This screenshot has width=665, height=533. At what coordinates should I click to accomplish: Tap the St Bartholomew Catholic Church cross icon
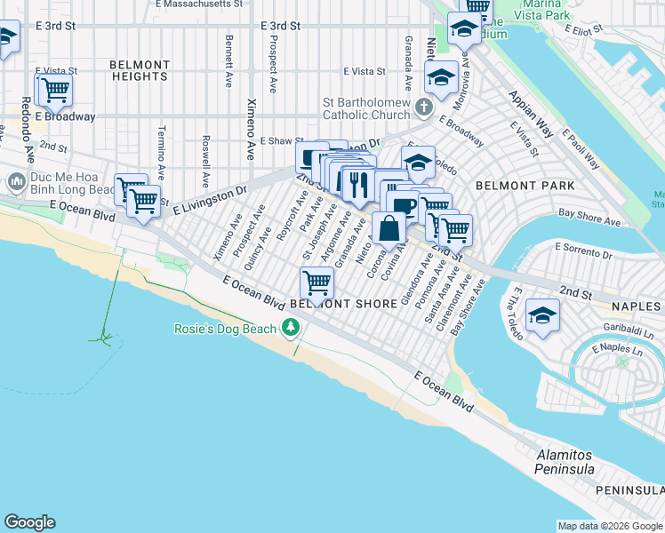425,107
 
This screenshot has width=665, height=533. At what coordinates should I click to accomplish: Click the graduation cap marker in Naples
542,316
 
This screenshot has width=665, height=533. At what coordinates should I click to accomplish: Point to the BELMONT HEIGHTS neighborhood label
140,70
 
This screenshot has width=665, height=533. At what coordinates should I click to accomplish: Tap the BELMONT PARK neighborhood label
525,186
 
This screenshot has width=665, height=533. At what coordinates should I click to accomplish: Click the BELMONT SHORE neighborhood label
343,304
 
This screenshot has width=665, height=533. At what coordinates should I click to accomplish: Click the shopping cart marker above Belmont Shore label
317,282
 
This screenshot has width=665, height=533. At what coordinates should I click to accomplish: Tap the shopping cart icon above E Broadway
55,89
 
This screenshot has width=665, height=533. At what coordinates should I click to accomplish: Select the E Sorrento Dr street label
583,251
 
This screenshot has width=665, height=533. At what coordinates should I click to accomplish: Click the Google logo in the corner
30,522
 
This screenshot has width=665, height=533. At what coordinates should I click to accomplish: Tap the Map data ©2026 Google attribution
610,526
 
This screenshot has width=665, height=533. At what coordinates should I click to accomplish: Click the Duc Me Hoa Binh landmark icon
16,182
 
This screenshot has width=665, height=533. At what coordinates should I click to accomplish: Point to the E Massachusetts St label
198,4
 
